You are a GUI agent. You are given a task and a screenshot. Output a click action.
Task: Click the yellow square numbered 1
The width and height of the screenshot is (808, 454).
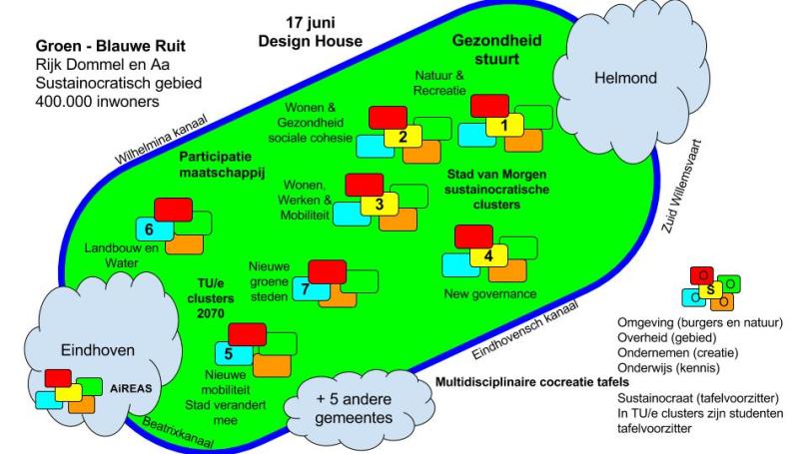click(x=504, y=126)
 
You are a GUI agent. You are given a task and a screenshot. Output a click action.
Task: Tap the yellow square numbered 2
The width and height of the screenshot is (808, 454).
click(x=402, y=137)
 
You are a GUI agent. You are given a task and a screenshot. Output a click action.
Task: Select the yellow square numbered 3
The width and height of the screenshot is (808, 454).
click(x=379, y=205)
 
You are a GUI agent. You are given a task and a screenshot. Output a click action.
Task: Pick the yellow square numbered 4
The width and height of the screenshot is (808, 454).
click(x=488, y=255)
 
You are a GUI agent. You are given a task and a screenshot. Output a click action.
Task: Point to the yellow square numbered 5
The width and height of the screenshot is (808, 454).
click(x=229, y=352)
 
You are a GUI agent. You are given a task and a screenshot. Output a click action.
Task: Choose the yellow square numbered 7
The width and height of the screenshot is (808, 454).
click(x=306, y=289)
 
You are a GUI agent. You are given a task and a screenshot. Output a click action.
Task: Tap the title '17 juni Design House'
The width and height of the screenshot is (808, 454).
click(x=309, y=32)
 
